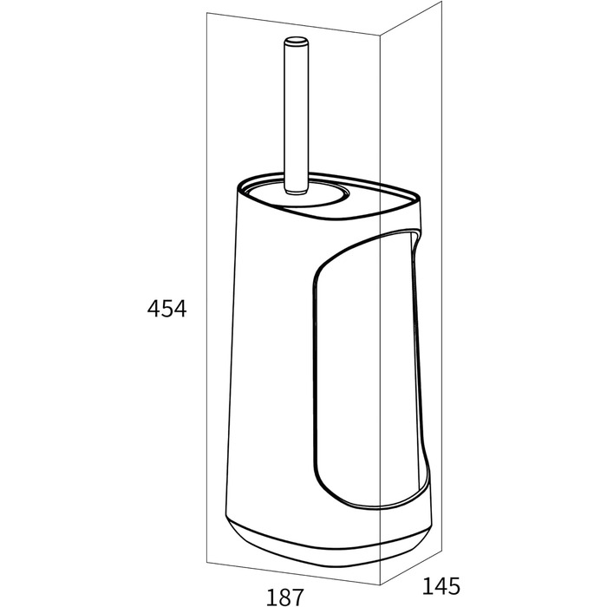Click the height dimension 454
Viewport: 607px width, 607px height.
click(166, 309)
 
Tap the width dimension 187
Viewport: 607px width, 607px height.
click(285, 597)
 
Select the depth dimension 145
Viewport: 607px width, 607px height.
click(441, 585)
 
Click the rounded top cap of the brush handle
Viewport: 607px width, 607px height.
click(297, 41)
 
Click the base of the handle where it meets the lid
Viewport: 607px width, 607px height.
click(297, 190)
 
